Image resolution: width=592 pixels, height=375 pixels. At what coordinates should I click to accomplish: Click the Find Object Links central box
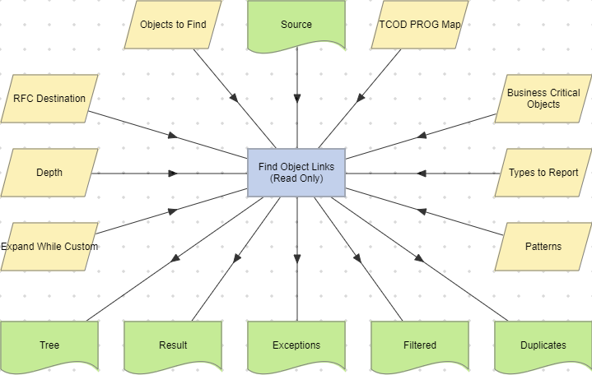coord(296,173)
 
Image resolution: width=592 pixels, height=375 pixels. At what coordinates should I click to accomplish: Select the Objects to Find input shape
coord(173,24)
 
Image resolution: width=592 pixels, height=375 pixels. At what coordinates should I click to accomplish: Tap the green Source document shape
coord(296,25)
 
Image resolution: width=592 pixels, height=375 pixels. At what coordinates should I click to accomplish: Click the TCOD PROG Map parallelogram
coord(420,24)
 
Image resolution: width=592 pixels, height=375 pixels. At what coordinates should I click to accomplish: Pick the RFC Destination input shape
coord(49,99)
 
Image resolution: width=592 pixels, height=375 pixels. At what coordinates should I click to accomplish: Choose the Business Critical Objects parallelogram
coord(543,99)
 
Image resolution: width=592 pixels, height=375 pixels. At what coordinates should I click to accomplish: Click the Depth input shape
coord(49,173)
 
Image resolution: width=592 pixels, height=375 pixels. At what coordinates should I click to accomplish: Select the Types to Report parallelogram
coord(543,173)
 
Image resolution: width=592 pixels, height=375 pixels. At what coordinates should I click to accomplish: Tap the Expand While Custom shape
coord(49,247)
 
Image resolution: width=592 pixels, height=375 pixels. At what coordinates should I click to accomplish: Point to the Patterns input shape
coord(543,247)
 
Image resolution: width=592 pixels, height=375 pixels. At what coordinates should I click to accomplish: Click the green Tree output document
coord(49,345)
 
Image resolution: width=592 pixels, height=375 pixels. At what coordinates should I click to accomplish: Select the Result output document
coord(173,345)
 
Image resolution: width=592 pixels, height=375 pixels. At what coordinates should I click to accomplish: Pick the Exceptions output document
coord(296,345)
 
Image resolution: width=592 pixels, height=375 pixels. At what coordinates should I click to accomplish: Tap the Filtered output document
coord(420,345)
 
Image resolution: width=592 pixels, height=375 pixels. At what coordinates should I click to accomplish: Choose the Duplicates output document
coord(543,345)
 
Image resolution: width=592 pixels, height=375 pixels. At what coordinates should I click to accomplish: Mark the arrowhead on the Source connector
coord(296,97)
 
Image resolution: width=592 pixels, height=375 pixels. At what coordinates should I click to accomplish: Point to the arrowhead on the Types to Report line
coord(422,174)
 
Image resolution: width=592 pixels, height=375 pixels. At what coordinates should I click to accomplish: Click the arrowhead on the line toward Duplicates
coord(419,258)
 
